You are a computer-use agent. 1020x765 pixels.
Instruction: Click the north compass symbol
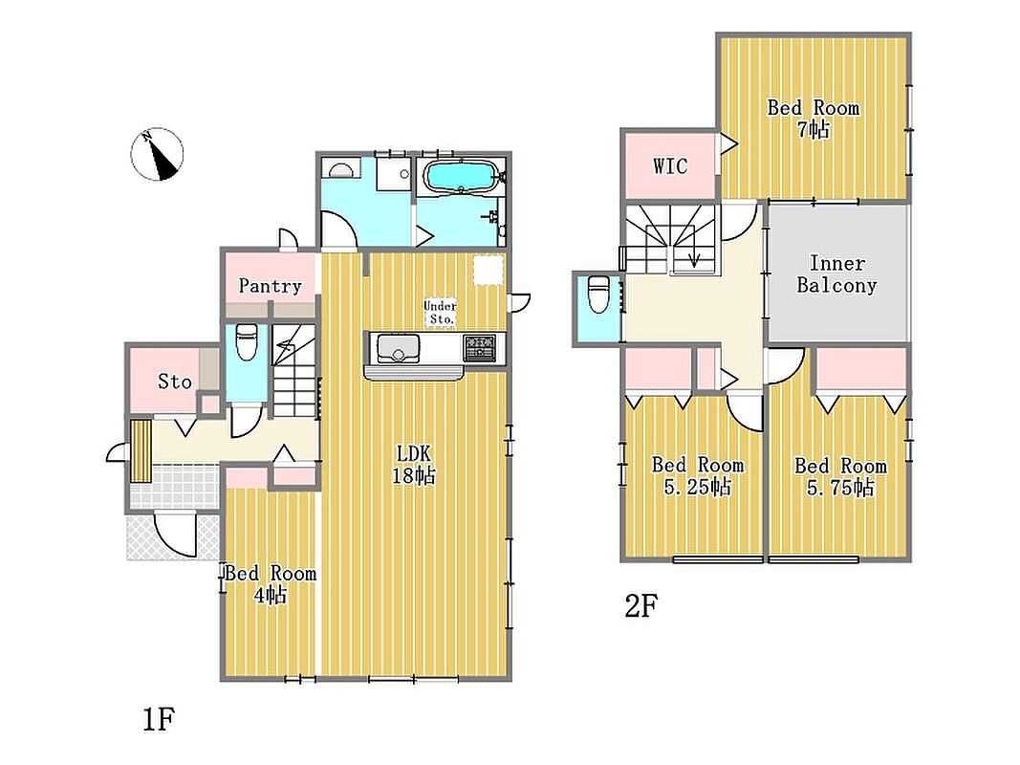click(157, 154)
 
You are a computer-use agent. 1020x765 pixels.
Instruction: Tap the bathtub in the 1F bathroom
click(461, 177)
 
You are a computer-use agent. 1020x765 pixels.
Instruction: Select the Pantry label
click(270, 286)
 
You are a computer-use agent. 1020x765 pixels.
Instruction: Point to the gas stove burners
click(480, 347)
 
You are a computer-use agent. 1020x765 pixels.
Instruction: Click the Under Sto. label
click(441, 313)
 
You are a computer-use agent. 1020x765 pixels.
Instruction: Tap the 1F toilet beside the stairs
click(247, 342)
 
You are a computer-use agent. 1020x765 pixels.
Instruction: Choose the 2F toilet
click(597, 294)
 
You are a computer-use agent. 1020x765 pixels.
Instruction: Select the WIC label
click(670, 166)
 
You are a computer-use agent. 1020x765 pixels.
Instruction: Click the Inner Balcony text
click(836, 273)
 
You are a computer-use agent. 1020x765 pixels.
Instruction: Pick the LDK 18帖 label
click(413, 465)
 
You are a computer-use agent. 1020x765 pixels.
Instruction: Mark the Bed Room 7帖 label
click(814, 118)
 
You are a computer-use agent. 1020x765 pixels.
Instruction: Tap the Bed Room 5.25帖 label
click(697, 475)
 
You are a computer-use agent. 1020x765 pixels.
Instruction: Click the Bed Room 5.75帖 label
click(840, 476)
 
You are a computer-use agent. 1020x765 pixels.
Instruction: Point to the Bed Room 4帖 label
click(271, 583)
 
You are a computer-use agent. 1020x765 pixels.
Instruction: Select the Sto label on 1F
click(175, 382)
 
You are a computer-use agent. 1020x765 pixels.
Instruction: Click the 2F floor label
click(640, 606)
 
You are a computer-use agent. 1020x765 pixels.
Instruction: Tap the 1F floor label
click(159, 719)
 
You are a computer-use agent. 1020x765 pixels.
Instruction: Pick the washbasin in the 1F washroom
click(341, 169)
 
